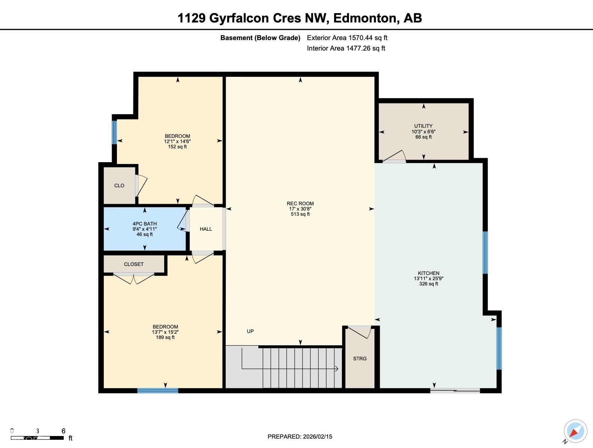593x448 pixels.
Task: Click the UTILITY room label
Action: coord(423,126)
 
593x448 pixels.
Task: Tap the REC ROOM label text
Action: coord(300,204)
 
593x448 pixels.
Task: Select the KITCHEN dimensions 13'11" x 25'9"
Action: coord(428,278)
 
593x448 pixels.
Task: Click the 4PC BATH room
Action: coord(145,228)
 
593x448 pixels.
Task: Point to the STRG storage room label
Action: coord(359,358)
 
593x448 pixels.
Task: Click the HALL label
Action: coord(206,229)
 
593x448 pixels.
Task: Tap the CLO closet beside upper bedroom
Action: coord(119,185)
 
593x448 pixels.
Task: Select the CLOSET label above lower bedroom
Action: coord(134,264)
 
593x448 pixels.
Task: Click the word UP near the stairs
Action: coord(250,331)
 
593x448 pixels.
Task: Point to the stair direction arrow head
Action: coord(337,369)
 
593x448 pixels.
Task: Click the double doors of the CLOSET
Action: coord(134,278)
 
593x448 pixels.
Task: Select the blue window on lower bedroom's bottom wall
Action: coord(157,391)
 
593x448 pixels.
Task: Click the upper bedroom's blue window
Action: coord(114,132)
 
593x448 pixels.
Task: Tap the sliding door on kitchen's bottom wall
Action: coord(455,391)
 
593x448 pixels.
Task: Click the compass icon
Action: coord(575,431)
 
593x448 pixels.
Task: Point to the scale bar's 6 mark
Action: coord(63,431)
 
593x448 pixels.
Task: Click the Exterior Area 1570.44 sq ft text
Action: coord(347,38)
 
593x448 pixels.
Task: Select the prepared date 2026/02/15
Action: coord(299,436)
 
